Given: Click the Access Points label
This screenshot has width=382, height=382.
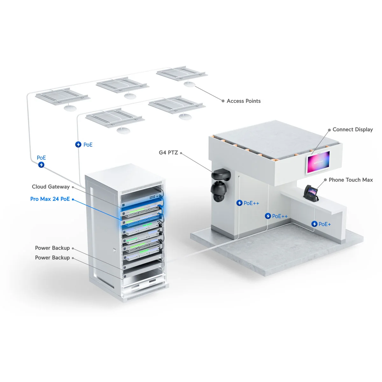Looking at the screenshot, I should pos(244,101).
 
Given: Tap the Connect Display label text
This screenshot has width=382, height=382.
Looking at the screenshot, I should pos(352,130).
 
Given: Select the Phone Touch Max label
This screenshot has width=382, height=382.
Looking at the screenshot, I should pos(350,180).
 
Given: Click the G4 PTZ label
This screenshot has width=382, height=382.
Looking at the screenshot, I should pos(168,152).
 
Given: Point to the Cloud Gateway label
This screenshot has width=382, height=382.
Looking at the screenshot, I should pos(51,187).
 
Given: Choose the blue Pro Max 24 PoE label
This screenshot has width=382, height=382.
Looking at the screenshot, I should pos(50,199).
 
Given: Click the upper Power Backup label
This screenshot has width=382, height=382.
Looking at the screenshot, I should pos(52,248).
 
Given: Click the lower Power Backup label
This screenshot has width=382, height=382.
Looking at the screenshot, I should pos(52,258).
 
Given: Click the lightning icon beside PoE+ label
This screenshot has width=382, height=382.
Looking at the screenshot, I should pos(314,224).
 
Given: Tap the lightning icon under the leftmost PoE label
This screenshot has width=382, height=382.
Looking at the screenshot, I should pos(41,165).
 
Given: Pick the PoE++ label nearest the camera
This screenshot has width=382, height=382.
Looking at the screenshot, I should pos(251,203).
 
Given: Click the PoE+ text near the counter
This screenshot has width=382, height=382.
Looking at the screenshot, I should pos(325,224).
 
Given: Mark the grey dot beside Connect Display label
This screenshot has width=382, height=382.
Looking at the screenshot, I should pos(329,130).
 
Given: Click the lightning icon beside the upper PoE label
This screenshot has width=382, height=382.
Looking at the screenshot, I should pos(78,145).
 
